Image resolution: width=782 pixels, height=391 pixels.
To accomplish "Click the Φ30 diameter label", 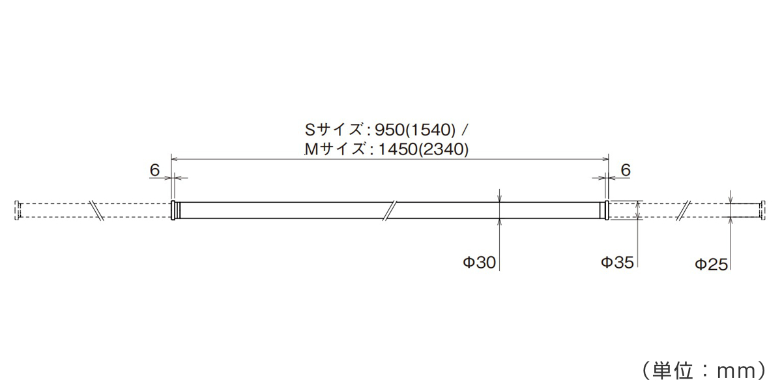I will click(x=480, y=263).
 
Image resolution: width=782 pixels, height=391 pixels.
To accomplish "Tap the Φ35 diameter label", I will click(x=616, y=263).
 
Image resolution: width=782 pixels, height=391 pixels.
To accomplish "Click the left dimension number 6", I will click(x=154, y=170).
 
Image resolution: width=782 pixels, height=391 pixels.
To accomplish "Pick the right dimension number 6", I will click(x=625, y=170).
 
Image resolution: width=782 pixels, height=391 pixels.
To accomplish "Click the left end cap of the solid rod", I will click(x=174, y=210).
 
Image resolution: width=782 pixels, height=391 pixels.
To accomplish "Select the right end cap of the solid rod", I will click(x=605, y=210).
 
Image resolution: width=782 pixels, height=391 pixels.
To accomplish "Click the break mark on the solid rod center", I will click(x=390, y=210).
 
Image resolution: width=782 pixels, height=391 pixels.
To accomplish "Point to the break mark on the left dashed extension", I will click(x=97, y=210).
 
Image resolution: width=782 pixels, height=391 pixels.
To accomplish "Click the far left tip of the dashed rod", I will click(x=17, y=210).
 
